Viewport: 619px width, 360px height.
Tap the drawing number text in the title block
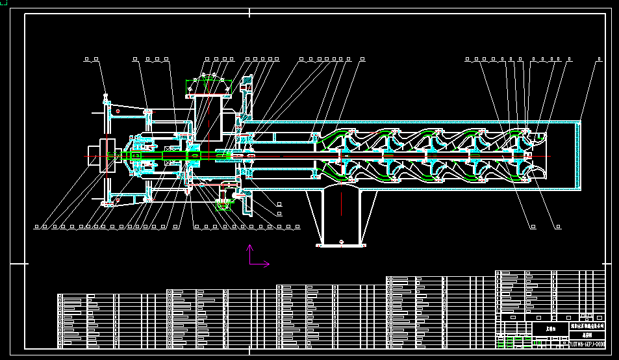point(587,344)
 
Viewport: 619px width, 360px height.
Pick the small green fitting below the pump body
point(223,205)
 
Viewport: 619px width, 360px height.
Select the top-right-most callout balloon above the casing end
point(597,60)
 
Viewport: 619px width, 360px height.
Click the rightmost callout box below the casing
point(558,227)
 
